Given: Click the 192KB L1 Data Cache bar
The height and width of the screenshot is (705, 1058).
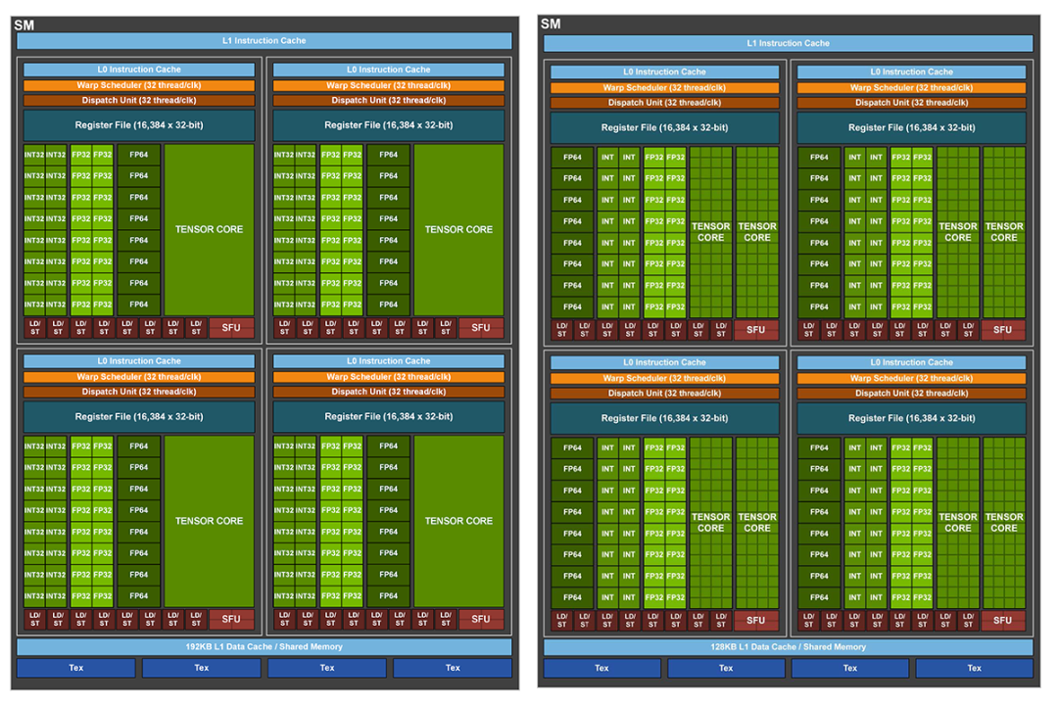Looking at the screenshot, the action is (264, 646).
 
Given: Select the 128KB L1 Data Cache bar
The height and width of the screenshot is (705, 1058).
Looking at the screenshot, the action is (788, 646).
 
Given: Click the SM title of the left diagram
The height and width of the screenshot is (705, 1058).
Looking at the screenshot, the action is (24, 24).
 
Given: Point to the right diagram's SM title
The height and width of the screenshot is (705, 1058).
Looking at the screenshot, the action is (551, 23).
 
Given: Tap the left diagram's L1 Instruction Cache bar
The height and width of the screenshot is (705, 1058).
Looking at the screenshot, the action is (264, 40).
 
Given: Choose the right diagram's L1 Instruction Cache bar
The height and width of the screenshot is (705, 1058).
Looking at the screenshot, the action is (788, 43).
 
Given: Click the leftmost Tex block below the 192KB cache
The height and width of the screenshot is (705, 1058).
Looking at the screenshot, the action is (76, 668).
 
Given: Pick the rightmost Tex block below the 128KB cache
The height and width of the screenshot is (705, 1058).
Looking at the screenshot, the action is (975, 668).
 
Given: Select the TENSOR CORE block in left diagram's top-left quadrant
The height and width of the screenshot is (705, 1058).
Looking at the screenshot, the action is (210, 229).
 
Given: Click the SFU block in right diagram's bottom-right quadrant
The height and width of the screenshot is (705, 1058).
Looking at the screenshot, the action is (1003, 620).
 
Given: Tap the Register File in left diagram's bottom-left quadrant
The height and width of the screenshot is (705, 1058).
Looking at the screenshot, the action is (139, 417).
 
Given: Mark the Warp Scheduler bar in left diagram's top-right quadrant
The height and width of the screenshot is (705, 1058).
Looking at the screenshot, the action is (389, 86).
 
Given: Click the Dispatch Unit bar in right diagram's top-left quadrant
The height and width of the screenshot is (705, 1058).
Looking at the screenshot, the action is (664, 103).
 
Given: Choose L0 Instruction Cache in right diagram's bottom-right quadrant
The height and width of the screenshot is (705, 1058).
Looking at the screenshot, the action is (912, 362).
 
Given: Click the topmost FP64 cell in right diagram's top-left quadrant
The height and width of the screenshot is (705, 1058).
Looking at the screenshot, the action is (572, 158).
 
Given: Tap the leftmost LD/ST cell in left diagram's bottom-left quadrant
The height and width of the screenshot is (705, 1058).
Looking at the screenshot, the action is (35, 619).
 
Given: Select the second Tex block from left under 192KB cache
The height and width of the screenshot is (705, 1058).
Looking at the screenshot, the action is (201, 668).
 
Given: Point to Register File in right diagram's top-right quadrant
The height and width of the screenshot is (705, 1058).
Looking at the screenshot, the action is (912, 127).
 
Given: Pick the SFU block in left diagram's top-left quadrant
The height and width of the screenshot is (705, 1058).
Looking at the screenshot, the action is (231, 328).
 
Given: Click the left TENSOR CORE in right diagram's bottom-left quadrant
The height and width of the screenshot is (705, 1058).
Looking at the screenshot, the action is (710, 523).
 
